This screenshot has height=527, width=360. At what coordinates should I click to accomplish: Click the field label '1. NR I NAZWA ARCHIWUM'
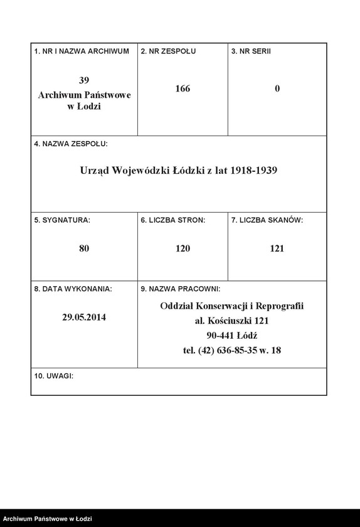click(82, 51)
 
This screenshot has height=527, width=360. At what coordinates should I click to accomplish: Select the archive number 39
click(85, 80)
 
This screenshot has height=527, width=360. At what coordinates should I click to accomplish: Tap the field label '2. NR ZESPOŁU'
click(168, 51)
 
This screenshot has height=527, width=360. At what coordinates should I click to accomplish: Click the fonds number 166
click(183, 89)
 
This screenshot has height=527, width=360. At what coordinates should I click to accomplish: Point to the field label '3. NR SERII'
click(251, 51)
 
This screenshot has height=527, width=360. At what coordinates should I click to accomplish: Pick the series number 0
click(277, 89)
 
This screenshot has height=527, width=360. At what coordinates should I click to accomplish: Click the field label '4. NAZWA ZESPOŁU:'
click(71, 144)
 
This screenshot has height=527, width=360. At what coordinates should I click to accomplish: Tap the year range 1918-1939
click(254, 170)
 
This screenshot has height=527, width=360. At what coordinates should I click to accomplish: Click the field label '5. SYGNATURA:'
click(63, 220)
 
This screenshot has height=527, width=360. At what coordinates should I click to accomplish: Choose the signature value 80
click(85, 248)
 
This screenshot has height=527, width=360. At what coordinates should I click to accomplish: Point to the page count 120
click(183, 248)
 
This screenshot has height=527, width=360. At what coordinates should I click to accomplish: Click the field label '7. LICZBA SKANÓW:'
click(267, 220)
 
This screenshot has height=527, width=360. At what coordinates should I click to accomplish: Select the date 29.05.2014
click(84, 317)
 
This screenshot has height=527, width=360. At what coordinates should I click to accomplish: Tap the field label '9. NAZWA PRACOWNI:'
click(180, 289)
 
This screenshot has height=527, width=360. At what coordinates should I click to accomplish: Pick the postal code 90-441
click(218, 336)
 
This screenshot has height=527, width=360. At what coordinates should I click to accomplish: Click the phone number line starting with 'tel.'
click(232, 350)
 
